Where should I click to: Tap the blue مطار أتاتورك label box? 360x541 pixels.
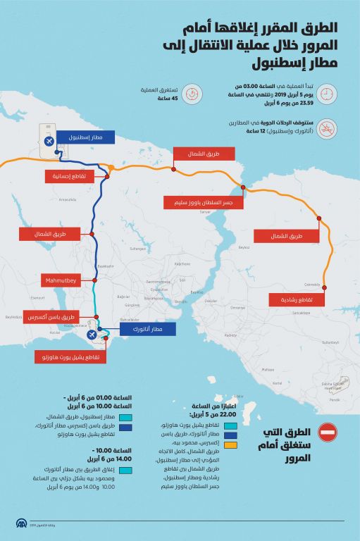(x=146, y=329)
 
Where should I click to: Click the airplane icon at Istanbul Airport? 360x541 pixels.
(x=48, y=140)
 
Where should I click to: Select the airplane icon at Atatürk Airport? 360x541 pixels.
(x=99, y=328)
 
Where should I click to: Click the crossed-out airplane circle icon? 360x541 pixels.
(x=326, y=128)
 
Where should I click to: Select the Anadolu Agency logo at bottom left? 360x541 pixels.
(x=22, y=525)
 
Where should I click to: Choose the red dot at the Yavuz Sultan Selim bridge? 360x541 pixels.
(x=243, y=187)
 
